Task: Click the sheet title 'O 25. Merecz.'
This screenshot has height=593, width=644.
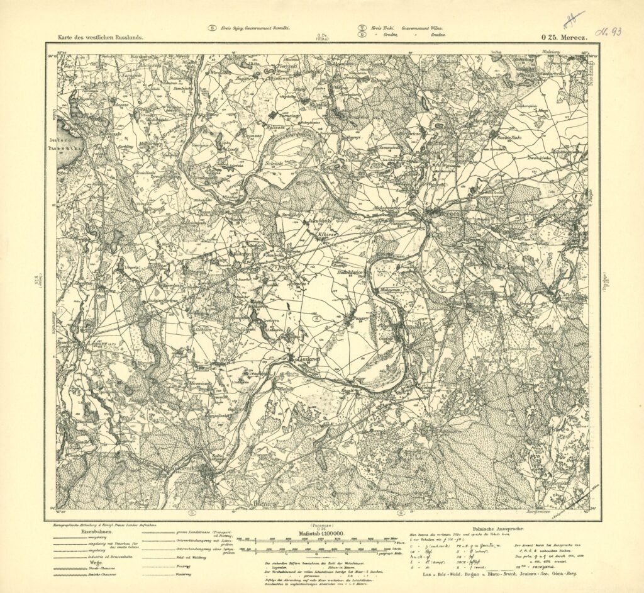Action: tap(563, 37)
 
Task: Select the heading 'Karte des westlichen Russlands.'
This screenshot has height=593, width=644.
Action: tap(101, 38)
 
